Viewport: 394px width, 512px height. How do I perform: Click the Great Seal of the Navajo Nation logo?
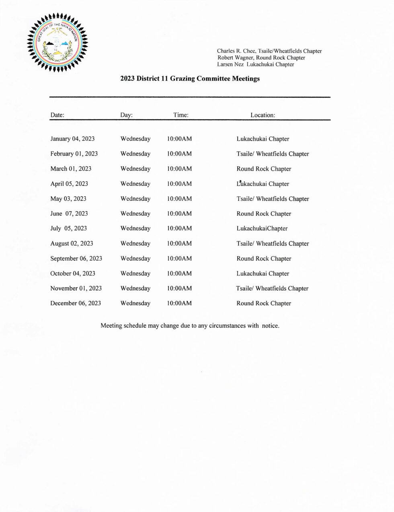[x=57, y=43]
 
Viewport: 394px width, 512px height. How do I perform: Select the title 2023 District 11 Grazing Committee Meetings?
[x=190, y=79]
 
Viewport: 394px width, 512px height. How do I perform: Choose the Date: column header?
[x=57, y=115]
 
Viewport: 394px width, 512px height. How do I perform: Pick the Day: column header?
[x=126, y=115]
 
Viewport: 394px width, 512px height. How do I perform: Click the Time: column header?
[x=181, y=115]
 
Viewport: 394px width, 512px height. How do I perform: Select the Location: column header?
[x=263, y=115]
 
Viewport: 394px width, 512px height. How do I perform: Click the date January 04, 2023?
[x=72, y=139]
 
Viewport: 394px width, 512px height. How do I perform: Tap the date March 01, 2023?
[x=71, y=169]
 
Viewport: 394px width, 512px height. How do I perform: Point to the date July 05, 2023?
[x=68, y=228]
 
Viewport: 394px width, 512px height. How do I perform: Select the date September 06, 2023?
[x=76, y=259]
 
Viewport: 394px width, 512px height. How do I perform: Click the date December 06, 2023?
[x=76, y=303]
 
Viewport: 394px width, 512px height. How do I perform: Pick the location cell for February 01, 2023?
[x=273, y=154]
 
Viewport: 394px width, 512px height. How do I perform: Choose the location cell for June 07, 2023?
[x=264, y=214]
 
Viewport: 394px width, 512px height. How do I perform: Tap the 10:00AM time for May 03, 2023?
[x=179, y=199]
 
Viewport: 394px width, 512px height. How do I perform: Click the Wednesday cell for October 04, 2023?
[x=135, y=273]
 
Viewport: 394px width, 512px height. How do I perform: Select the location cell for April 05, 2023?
[x=263, y=184]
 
